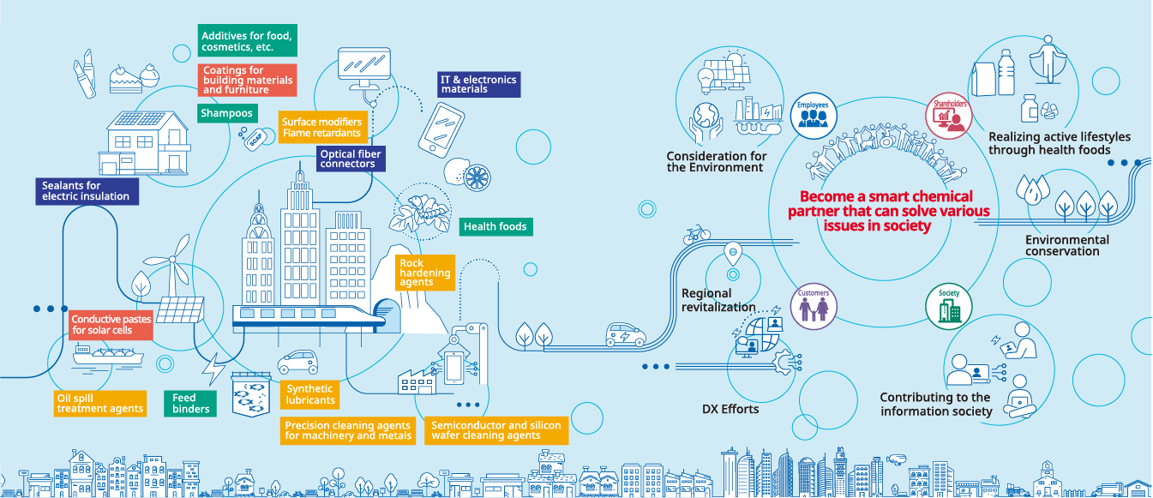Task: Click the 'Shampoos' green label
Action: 226,113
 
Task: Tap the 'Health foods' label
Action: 495,227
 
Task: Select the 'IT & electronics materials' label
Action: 478,84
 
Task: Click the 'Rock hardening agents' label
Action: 424,273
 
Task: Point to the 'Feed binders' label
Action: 187,403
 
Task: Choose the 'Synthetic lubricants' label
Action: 309,395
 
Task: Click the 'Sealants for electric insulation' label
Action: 86,191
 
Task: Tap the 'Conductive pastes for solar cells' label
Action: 111,325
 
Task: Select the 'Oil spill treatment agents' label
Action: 99,404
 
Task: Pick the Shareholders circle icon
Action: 950,117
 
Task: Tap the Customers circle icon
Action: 813,305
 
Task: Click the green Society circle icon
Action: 949,305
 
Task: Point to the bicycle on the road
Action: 697,233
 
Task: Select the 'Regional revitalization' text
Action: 718,300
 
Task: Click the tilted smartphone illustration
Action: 441,129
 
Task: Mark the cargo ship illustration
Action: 108,352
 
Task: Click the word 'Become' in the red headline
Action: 825,195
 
